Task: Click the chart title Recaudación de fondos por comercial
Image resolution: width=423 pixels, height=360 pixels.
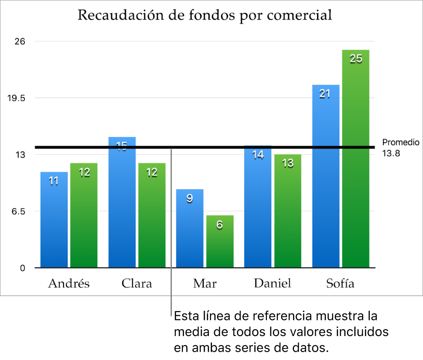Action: click(205, 15)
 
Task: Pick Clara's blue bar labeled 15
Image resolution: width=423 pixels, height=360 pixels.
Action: click(122, 203)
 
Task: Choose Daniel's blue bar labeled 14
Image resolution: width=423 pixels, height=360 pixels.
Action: click(258, 207)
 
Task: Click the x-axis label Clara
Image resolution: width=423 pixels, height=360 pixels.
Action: click(137, 283)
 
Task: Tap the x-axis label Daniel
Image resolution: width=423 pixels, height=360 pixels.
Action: click(272, 283)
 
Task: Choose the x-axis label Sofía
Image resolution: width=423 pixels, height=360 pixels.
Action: click(340, 283)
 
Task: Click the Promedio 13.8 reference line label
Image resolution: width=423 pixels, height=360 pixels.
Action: click(400, 147)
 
